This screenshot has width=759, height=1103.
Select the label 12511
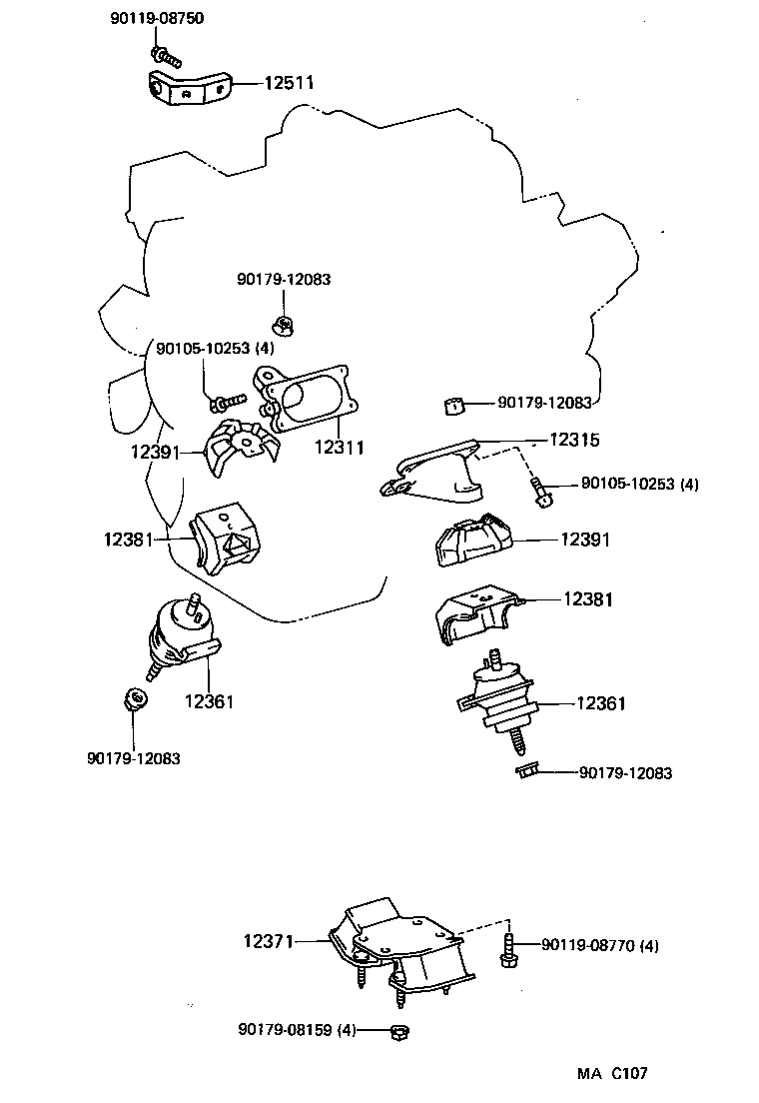290,84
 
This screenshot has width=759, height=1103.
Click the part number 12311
341,450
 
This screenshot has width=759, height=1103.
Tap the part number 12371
267,940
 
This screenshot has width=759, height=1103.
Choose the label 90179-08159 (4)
297,1029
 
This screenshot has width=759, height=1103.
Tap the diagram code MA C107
611,1074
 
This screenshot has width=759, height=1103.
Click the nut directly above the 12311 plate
283,324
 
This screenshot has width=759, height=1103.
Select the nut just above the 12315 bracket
454,405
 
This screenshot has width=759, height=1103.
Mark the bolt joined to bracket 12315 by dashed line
541,490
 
